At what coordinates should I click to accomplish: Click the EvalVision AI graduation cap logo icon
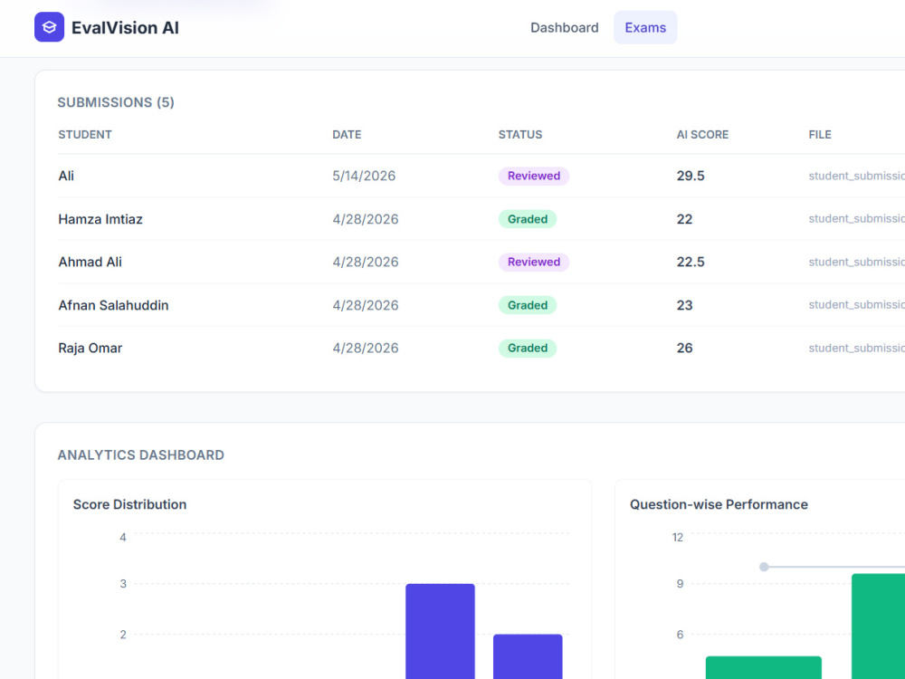[49, 27]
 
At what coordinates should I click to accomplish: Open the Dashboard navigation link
[565, 28]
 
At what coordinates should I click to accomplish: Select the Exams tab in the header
[645, 28]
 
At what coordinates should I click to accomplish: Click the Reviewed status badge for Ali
[534, 177]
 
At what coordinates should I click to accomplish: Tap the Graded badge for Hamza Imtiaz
[528, 219]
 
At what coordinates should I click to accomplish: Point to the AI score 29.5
[691, 177]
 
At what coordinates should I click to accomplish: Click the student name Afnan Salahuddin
[113, 305]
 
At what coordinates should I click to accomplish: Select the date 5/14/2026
[364, 177]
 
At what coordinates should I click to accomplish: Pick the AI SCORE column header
[702, 135]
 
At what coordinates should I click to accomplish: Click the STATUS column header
[520, 135]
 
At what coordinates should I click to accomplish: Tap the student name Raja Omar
[90, 349]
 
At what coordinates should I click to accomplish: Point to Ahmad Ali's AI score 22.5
[691, 263]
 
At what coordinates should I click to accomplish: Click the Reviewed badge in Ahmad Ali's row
[534, 263]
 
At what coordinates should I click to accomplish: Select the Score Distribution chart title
[129, 504]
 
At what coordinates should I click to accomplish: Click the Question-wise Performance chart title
[719, 504]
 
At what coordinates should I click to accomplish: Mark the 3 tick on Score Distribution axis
[123, 584]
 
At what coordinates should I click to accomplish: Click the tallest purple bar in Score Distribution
[441, 632]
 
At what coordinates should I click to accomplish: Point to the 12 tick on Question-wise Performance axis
[678, 538]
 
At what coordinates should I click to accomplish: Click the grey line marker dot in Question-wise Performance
[764, 567]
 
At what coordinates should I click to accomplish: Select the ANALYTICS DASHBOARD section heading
[141, 455]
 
